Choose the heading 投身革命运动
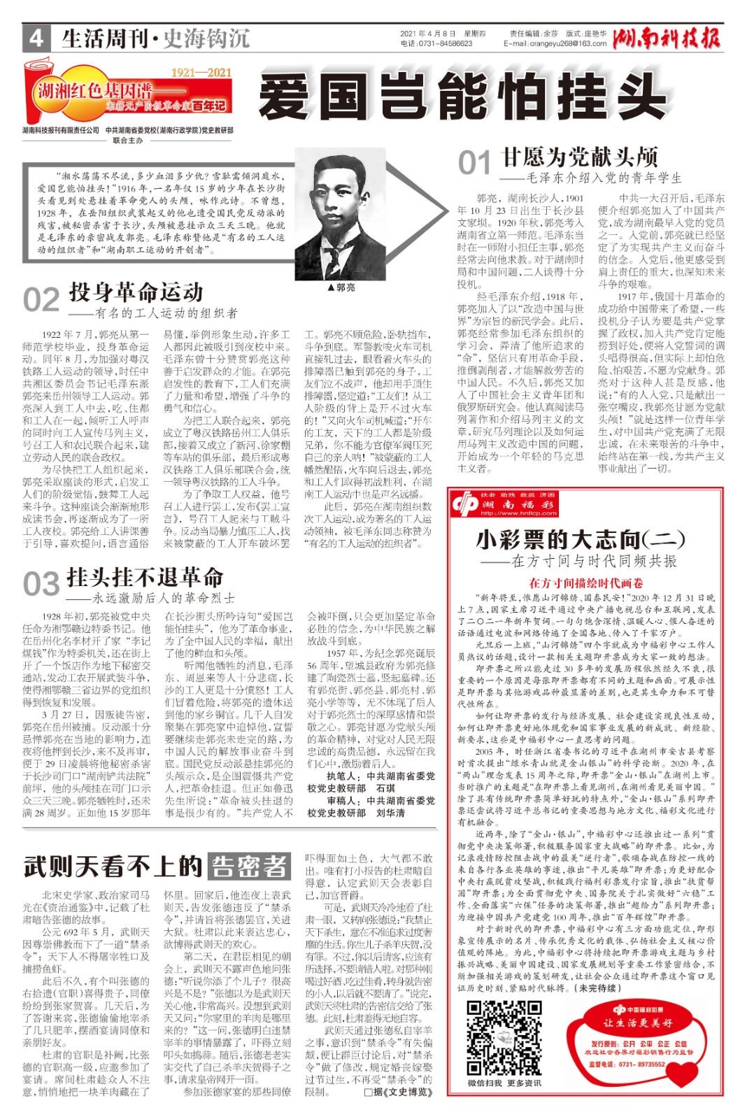[136, 292]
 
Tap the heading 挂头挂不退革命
[145, 577]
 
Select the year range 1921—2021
[201, 72]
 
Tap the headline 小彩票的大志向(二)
[580, 539]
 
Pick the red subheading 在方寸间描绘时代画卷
[585, 583]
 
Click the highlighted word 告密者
[250, 866]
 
